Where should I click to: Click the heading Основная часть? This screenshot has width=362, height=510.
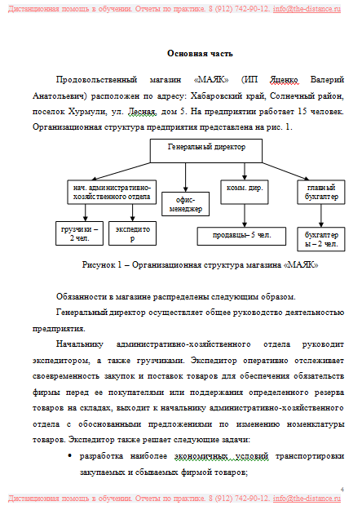(200, 53)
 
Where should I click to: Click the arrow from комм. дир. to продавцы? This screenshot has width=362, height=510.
(245, 215)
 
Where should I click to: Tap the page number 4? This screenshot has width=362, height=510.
(342, 489)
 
